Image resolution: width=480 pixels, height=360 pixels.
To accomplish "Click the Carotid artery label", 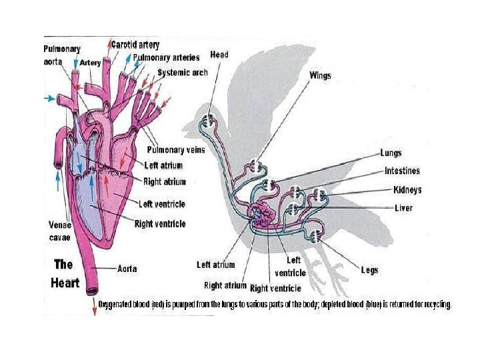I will pos(135,45).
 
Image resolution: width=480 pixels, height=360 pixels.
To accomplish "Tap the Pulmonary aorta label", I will pos(62,54).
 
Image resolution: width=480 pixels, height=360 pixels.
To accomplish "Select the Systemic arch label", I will pos(183,72).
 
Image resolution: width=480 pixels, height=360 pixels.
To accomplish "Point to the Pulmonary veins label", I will pos(176,150).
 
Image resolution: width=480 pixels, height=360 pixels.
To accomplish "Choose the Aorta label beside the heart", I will pos(127,269).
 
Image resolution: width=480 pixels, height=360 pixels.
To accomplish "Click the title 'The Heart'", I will pos(65,273).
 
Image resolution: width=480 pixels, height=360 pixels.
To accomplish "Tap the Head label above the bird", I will pos(219,54).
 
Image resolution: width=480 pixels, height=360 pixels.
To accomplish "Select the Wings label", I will pos(320,75).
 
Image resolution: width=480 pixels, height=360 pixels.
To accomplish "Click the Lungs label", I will pos(391,153).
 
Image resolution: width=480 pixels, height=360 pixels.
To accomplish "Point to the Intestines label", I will pos(402,171).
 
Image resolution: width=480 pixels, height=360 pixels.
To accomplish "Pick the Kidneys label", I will pos(407,190).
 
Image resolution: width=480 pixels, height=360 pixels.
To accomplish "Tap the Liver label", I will pos(403,208).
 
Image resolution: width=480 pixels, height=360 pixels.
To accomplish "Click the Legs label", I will pos(369,270).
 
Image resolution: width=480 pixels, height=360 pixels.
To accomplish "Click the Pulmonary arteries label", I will pos(166,58).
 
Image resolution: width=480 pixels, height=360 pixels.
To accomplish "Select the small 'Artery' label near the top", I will pos(90,63).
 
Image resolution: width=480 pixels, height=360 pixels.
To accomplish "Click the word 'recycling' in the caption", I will pos(437,305).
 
